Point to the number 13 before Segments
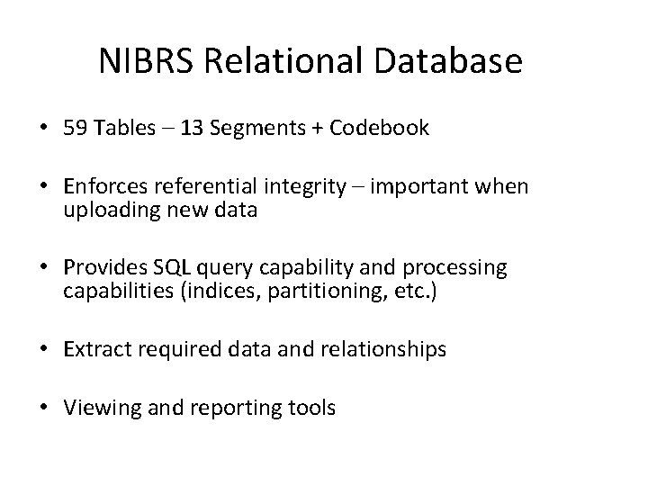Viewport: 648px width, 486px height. (192, 129)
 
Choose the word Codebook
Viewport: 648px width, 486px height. (379, 129)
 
